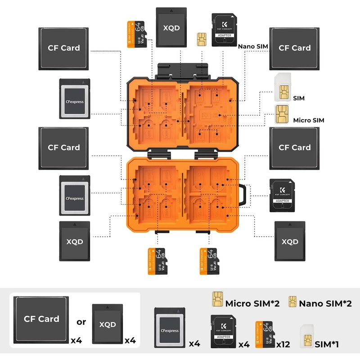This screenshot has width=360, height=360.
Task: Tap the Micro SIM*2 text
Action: tap(252, 303)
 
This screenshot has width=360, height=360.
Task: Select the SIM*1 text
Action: tap(327, 345)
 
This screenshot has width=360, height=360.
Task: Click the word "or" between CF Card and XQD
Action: tap(81, 322)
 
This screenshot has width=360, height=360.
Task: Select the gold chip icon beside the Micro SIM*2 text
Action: tap(218, 299)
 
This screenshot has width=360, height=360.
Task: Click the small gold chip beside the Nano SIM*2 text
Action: tap(292, 301)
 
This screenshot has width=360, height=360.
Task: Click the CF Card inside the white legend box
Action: tap(42, 319)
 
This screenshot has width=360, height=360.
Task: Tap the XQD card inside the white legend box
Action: tap(107, 324)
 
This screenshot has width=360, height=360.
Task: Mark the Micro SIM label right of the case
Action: tap(308, 120)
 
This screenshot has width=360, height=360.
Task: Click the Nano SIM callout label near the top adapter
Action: tap(253, 46)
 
